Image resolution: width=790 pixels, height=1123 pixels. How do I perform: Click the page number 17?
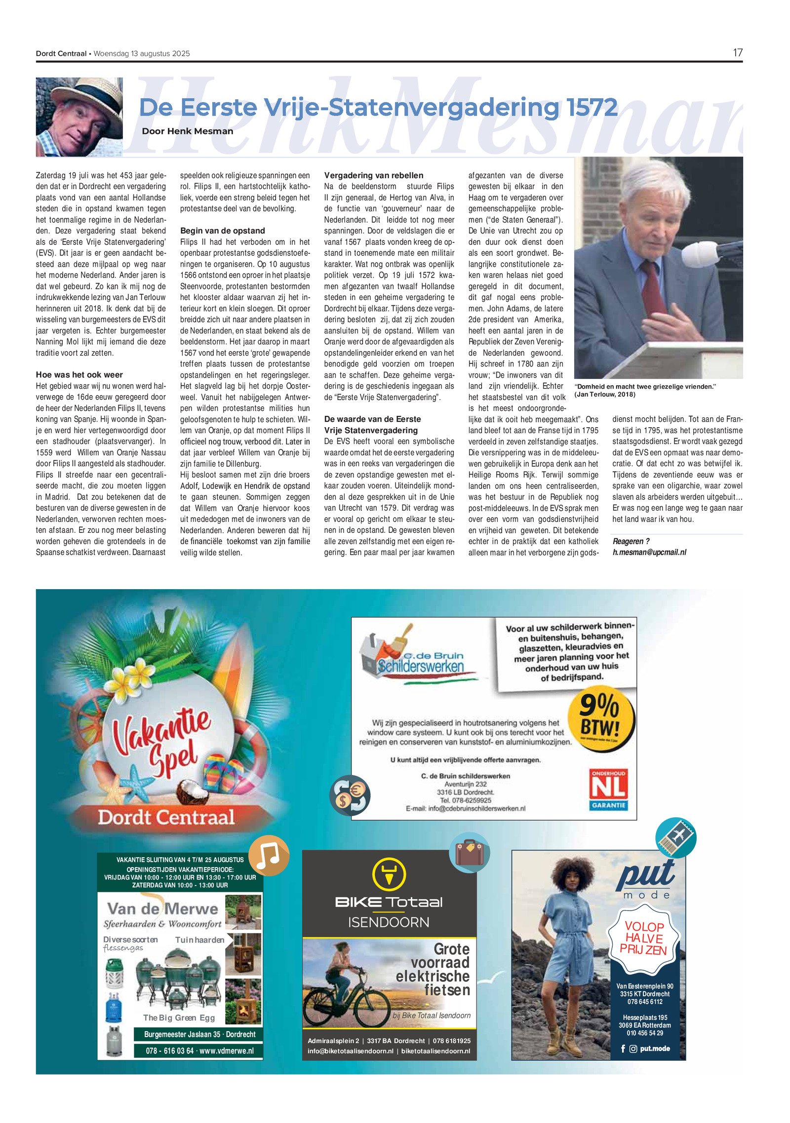(x=737, y=53)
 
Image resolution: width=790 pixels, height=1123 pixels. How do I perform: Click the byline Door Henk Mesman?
(x=187, y=131)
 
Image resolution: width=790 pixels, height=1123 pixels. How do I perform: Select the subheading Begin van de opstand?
(x=222, y=231)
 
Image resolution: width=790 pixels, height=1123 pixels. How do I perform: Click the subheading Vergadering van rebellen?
(x=373, y=175)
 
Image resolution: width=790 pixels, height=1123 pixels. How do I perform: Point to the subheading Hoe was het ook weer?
(x=79, y=375)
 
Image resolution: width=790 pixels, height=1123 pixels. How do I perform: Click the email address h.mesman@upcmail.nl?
(x=649, y=552)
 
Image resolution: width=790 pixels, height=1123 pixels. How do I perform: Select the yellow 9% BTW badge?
(x=600, y=722)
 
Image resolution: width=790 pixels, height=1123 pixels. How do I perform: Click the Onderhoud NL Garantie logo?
(x=608, y=789)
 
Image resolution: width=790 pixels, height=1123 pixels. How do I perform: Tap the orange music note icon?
(x=269, y=855)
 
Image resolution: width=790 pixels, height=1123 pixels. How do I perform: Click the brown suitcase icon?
(x=469, y=852)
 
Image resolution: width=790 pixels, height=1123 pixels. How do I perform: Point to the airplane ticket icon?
(x=675, y=838)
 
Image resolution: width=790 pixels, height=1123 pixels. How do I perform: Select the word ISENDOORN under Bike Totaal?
(x=389, y=922)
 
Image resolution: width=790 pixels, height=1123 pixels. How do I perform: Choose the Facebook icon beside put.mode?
(x=623, y=1048)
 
